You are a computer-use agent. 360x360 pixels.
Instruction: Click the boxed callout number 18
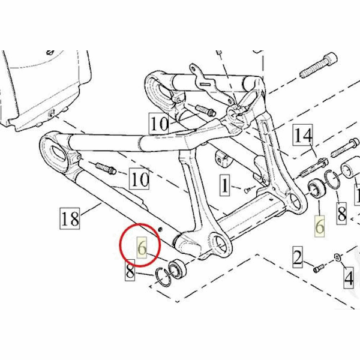[x=70, y=218]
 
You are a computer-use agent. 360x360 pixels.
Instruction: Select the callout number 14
[x=303, y=135]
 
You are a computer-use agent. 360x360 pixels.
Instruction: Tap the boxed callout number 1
[x=225, y=185]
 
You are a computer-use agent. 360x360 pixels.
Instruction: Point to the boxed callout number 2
[x=298, y=257]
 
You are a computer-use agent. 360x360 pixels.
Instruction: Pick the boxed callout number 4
[x=349, y=278]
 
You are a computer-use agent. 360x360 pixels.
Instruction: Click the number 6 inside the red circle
[x=142, y=248]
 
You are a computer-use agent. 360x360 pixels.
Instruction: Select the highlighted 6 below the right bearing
[x=320, y=226]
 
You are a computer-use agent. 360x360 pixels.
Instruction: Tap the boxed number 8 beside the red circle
[x=130, y=270]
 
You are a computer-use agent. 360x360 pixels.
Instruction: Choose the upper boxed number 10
[x=158, y=124]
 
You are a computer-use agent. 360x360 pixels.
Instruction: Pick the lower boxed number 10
[x=139, y=179]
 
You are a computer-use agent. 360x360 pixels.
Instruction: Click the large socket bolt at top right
[x=319, y=65]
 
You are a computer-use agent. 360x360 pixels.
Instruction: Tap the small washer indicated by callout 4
[x=337, y=257]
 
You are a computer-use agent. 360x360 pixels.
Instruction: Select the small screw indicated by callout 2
[x=319, y=268]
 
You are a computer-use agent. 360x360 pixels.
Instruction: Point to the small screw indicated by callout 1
[x=247, y=190]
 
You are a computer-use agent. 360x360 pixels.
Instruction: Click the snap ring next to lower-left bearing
[x=163, y=277]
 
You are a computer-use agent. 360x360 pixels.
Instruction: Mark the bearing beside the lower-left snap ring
[x=178, y=269]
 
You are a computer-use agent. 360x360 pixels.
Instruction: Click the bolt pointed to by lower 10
[x=106, y=168]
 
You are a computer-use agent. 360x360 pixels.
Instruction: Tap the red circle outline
[x=140, y=245]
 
